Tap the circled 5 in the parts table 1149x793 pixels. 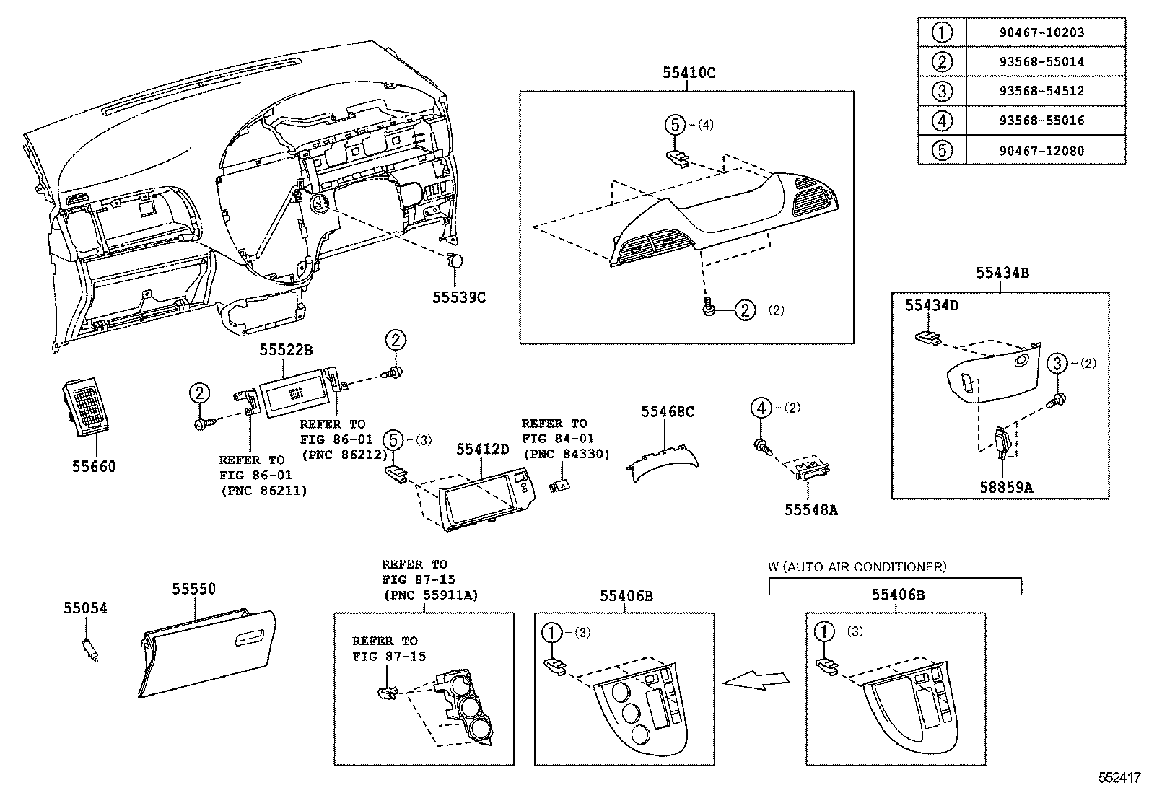[942, 150]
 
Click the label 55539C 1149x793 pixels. [459, 297]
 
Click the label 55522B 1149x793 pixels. [286, 350]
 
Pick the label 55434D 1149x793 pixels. [932, 305]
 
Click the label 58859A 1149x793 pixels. [1006, 487]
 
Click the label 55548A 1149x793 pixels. [811, 509]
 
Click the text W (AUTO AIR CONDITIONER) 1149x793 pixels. [857, 566]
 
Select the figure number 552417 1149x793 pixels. [1119, 778]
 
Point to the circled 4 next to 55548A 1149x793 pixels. [761, 408]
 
